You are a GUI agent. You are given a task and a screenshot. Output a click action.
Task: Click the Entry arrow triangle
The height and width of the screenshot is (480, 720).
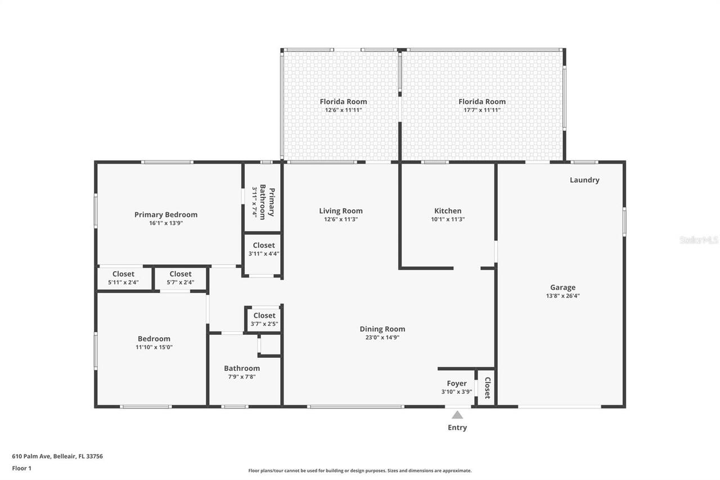point(457,415)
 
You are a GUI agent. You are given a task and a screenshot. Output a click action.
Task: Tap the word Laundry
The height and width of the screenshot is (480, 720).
point(584,180)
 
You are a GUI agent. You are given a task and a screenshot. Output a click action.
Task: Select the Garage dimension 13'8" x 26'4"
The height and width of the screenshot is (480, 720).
point(562,295)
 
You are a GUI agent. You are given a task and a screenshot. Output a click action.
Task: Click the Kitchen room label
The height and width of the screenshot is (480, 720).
point(448,211)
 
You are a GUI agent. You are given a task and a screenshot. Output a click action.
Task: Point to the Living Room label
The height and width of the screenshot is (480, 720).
point(341,211)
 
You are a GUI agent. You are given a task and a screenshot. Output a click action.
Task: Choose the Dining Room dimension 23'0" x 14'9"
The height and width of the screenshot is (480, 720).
point(382,338)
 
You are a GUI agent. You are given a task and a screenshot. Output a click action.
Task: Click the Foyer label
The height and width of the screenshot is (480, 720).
point(457,384)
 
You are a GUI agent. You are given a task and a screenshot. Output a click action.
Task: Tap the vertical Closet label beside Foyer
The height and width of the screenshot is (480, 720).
point(487,387)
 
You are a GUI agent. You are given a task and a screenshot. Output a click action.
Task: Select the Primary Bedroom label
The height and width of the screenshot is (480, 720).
point(166,214)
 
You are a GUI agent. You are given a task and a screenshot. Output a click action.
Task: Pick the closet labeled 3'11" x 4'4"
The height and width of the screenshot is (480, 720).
point(264,249)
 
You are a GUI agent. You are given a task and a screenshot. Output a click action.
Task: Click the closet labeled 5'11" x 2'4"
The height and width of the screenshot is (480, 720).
point(123,278)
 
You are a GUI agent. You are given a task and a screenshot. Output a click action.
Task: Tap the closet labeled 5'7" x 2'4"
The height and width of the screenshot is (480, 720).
point(181,278)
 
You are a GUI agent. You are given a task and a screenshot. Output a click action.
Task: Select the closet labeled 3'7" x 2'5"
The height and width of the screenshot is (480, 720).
point(264,319)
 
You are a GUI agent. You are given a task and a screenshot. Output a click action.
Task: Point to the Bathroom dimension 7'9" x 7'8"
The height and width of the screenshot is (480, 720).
point(242,377)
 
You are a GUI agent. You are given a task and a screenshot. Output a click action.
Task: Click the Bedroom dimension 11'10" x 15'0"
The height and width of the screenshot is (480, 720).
point(154,347)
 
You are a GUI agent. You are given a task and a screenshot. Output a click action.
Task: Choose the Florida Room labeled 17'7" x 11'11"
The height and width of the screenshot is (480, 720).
point(482,105)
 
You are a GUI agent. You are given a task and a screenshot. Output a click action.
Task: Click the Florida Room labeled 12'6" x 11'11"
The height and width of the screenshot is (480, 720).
point(343,105)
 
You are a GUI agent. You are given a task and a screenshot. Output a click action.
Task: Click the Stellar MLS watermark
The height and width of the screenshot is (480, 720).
point(699,240)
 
